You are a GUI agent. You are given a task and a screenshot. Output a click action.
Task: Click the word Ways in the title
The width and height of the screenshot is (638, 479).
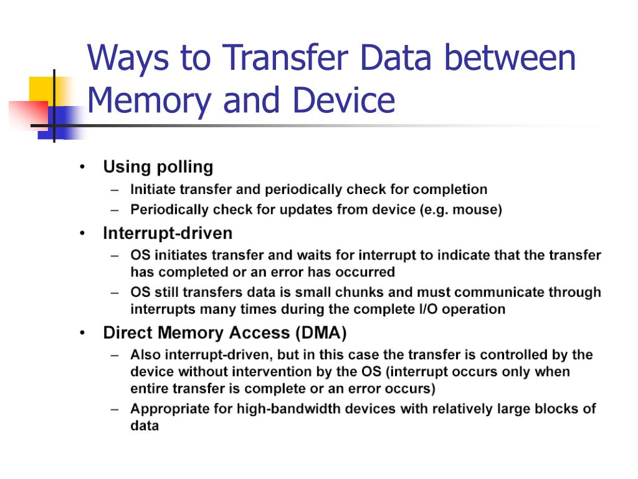tap(128, 59)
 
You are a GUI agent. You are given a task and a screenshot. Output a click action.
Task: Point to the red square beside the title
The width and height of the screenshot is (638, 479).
tap(29, 115)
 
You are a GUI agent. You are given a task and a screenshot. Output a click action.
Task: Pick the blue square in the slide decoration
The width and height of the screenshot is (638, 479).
tap(61, 122)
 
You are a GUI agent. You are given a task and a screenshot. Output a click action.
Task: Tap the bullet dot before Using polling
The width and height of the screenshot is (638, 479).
tap(83, 167)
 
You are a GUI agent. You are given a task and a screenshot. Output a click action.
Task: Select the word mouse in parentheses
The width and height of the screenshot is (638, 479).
tap(475, 210)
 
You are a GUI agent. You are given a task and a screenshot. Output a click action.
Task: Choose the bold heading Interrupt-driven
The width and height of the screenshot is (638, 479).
tap(168, 233)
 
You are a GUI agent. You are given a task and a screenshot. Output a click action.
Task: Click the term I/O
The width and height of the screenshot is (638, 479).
tap(428, 309)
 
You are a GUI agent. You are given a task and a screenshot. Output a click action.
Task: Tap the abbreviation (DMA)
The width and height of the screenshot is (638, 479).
tap(321, 333)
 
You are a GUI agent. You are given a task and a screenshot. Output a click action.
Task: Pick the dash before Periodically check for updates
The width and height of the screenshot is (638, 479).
tap(115, 210)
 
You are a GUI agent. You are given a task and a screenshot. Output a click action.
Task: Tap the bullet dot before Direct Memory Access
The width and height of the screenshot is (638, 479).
tap(83, 333)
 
